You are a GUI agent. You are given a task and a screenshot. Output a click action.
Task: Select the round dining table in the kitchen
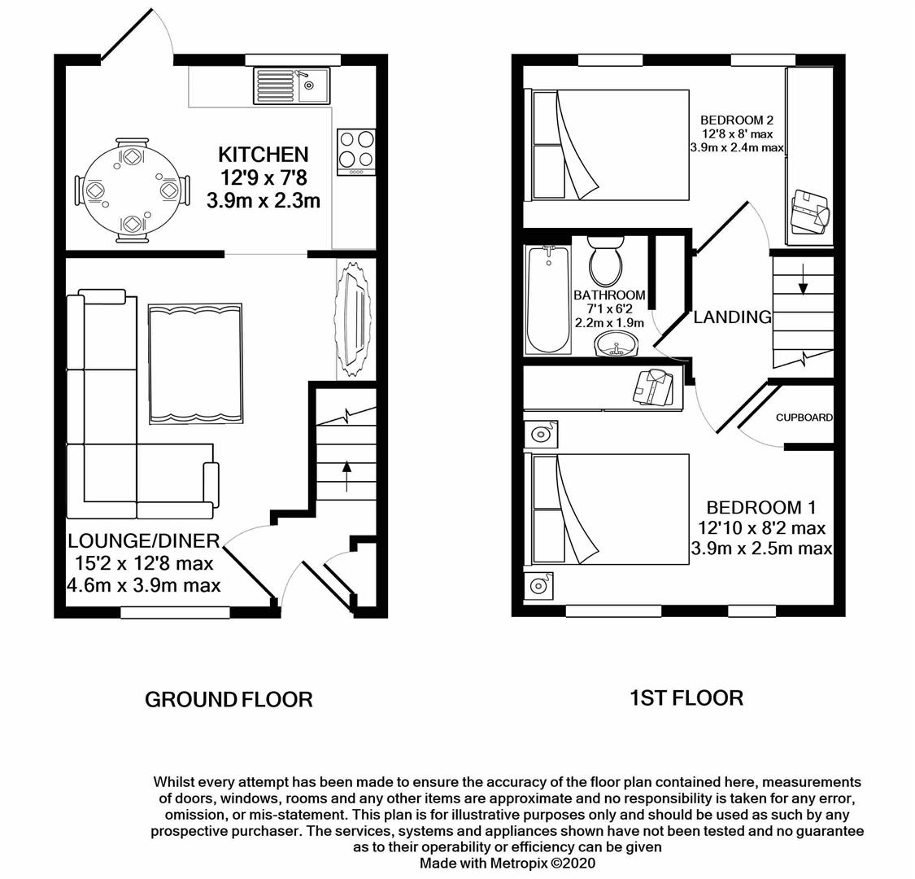tap(131, 190)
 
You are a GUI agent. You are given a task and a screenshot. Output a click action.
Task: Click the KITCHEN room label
tap(263, 155)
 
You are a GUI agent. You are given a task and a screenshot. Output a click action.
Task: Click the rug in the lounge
tap(195, 363)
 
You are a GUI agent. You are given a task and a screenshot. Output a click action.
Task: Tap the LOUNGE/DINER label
tap(144, 541)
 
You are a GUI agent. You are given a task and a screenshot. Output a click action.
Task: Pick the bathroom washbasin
tap(617, 348)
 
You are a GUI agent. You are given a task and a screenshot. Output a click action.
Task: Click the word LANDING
tap(732, 317)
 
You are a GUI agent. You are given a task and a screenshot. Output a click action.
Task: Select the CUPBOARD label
tap(804, 418)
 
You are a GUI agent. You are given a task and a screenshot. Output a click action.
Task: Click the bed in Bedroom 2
tap(610, 145)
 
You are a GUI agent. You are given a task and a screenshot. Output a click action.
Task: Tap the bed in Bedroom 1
tap(610, 509)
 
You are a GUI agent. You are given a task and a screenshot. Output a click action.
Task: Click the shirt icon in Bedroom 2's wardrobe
tap(811, 212)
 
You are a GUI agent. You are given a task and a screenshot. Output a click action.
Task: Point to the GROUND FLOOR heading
tap(229, 699)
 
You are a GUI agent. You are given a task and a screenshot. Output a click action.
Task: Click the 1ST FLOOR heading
tap(686, 698)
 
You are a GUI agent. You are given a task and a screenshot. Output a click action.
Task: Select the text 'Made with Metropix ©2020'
tap(508, 863)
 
